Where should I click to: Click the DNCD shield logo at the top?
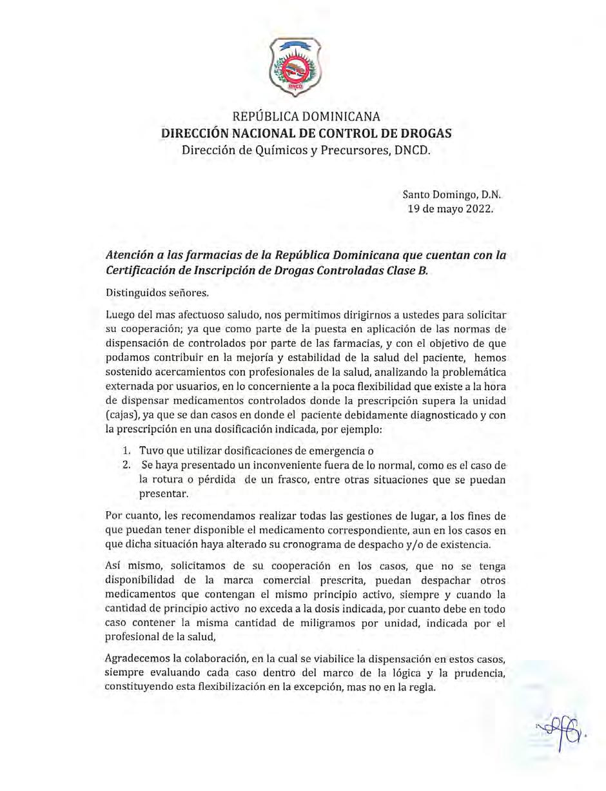[295, 66]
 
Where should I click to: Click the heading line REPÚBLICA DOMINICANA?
[306, 117]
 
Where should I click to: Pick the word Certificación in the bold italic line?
[147, 271]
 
